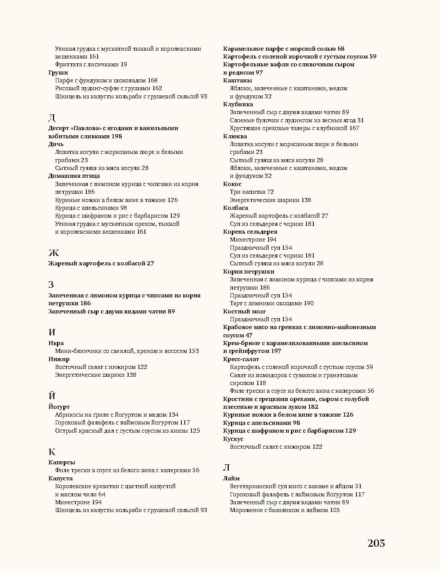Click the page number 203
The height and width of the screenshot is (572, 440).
pyautogui.click(x=376, y=543)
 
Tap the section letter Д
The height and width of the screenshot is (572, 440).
pyautogui.click(x=52, y=118)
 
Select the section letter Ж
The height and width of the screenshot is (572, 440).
pyautogui.click(x=54, y=253)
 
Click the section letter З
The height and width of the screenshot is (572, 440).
pyautogui.click(x=51, y=285)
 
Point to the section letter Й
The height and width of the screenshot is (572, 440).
pyautogui.click(x=52, y=396)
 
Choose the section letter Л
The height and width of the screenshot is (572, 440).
pyautogui.click(x=226, y=468)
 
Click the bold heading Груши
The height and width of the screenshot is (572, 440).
pyautogui.click(x=58, y=72)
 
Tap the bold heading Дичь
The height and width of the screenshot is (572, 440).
pyautogui.click(x=56, y=144)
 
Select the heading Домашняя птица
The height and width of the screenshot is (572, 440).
pyautogui.click(x=74, y=176)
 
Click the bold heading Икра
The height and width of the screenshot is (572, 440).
pyautogui.click(x=56, y=343)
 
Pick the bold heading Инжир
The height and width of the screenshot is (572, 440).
pyautogui.click(x=59, y=359)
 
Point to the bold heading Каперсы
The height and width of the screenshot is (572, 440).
pyautogui.click(x=61, y=462)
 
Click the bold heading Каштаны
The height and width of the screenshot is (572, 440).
pyautogui.click(x=237, y=80)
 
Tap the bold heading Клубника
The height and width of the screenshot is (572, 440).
pyautogui.click(x=238, y=104)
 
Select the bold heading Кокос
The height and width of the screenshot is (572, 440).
pyautogui.click(x=232, y=184)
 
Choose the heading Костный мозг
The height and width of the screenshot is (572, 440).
pyautogui.click(x=244, y=311)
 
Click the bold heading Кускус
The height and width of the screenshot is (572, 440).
pyautogui.click(x=233, y=439)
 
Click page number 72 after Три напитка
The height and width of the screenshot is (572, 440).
pyautogui.click(x=270, y=192)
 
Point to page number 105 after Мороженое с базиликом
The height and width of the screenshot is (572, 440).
pyautogui.click(x=335, y=510)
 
